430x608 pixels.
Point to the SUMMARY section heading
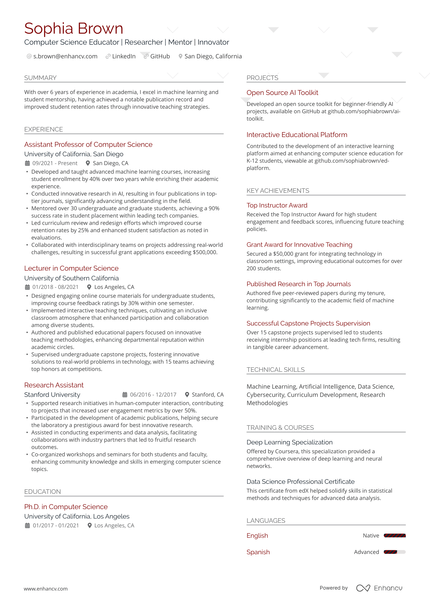point(40,77)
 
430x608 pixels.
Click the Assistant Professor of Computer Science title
point(88,144)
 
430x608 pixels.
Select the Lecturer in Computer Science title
point(71,268)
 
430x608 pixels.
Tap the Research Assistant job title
point(54,384)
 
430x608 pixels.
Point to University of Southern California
point(78,278)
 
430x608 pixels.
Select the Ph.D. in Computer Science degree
point(66,506)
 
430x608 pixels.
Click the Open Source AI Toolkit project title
point(282,92)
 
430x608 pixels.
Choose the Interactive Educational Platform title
point(297,134)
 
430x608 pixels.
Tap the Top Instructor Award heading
point(279,204)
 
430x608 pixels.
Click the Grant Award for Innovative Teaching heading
point(300,243)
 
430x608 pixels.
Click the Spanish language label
point(258,551)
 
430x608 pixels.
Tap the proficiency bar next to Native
point(394,536)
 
